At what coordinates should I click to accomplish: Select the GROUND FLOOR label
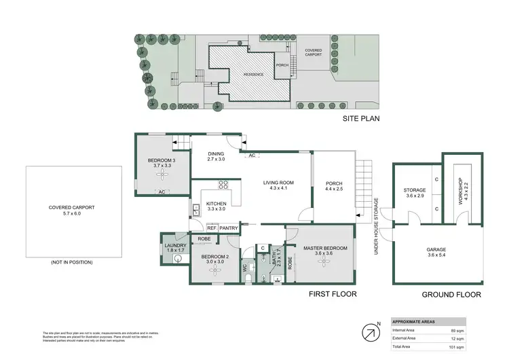[451, 294]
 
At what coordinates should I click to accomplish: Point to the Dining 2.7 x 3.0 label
[216, 157]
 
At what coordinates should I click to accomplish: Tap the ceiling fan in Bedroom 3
[163, 175]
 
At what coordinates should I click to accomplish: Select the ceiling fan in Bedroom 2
[216, 269]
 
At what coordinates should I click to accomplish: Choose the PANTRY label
[229, 228]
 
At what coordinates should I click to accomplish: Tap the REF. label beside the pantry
[212, 228]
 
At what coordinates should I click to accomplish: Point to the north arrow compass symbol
[371, 333]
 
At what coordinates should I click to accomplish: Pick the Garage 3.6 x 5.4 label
[436, 253]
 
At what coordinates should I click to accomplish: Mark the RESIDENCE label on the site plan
[241, 74]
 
